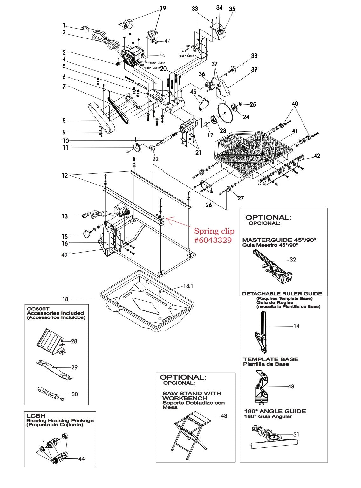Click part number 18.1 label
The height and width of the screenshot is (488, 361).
188,286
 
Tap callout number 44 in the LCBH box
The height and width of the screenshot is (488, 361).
81,459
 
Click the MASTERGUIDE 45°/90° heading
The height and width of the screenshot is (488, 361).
279,240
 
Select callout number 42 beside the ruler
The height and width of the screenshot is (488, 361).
317,156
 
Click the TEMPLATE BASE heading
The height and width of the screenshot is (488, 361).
271,359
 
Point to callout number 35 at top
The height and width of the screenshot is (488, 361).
232,9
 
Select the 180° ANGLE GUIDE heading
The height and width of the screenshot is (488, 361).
275,411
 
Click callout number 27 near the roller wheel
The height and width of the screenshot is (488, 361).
241,198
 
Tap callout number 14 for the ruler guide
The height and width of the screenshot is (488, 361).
296,326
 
